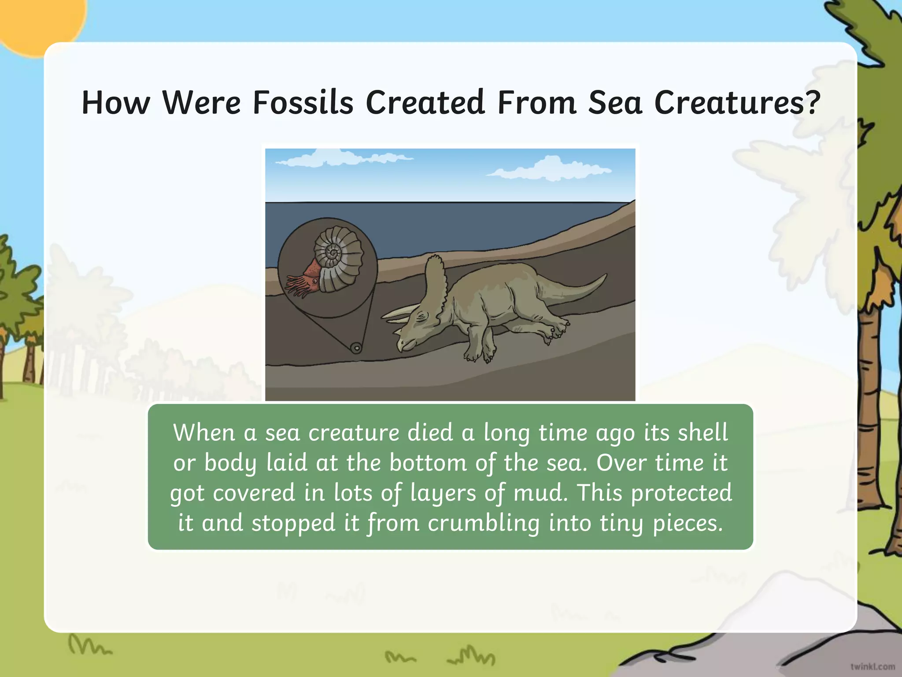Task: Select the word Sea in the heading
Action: (x=615, y=103)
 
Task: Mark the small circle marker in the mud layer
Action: (x=356, y=348)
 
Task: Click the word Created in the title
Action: (x=425, y=103)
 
